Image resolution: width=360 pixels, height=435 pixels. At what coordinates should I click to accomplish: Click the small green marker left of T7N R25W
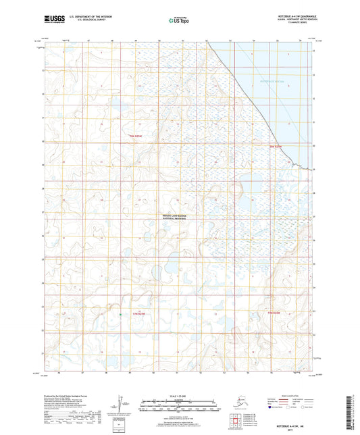(x=120, y=315)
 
